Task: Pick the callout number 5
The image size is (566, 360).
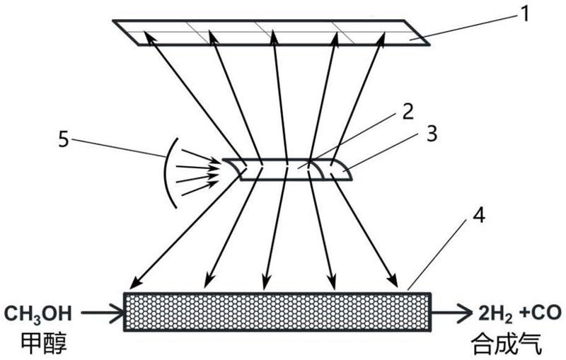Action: coord(64,139)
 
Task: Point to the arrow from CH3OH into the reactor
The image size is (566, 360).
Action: coord(103,312)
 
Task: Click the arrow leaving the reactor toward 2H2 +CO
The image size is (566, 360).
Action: coord(451,312)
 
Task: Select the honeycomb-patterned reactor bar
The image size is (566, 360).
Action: coord(277,311)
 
